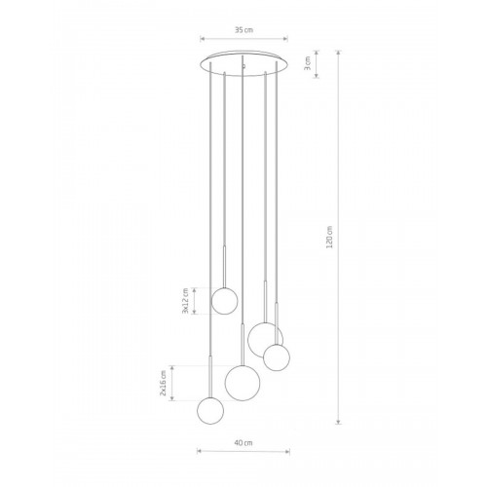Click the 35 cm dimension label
243,30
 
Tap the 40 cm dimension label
243,443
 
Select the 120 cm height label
330,238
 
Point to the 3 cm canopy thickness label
308,63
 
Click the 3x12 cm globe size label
185,301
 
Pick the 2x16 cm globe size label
164,383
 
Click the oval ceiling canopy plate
243,63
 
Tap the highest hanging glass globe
224,301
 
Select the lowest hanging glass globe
210,411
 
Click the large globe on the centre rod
243,383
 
